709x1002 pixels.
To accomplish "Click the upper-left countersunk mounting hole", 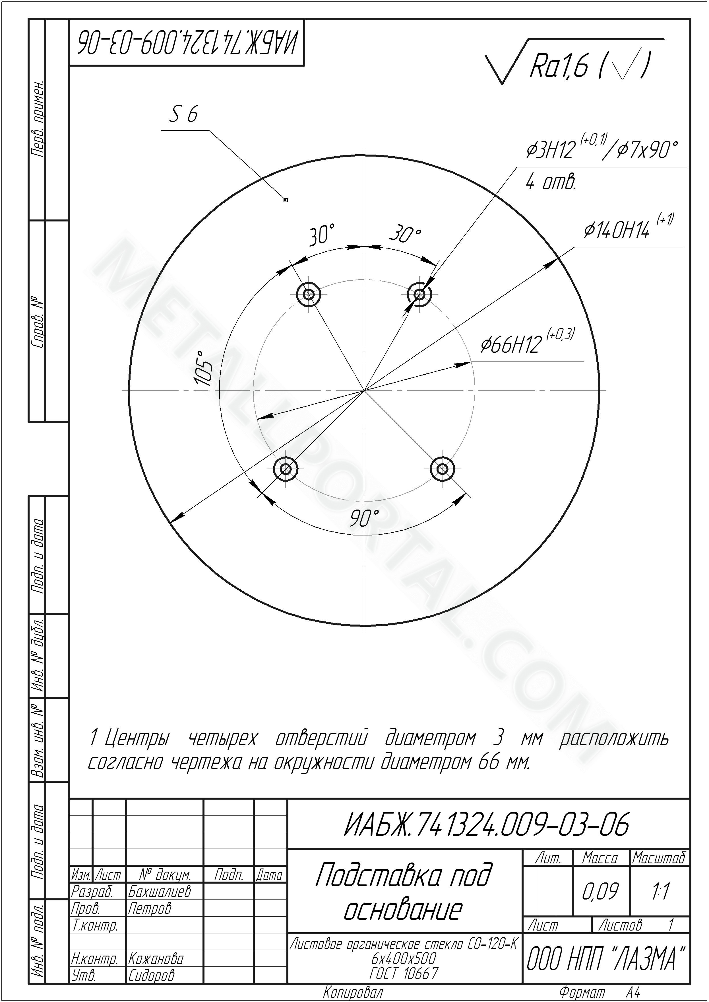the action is tap(309, 294).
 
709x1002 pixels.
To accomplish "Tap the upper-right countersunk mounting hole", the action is tap(419, 294).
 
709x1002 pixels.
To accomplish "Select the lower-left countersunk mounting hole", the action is tap(286, 469).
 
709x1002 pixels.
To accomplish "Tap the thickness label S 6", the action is tap(183, 115).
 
